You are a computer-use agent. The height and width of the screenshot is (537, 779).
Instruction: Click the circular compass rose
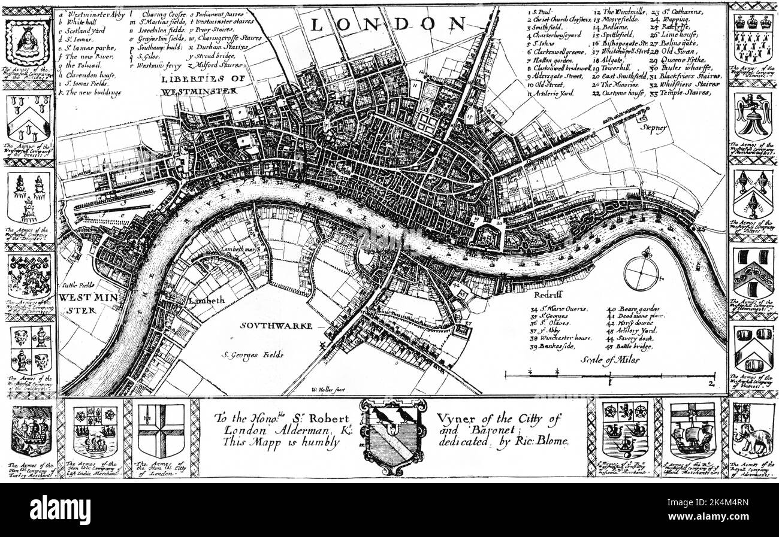(x=641, y=273)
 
